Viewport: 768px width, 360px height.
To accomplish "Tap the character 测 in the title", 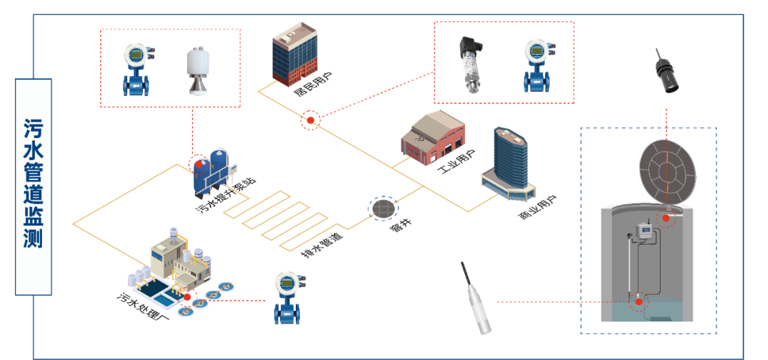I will point(33,239).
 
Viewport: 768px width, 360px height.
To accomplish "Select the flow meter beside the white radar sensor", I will point(136,70).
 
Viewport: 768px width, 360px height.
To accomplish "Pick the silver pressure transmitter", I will point(471,65).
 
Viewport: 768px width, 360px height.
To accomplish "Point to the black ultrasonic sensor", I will point(666,72).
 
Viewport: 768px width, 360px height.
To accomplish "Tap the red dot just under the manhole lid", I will point(666,218).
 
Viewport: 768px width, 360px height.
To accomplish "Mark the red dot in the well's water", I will point(639,302).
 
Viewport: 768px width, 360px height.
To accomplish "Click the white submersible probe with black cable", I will point(476,299).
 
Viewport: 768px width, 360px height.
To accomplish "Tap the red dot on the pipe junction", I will point(311,120).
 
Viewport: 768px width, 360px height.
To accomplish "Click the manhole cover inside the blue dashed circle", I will point(383,208).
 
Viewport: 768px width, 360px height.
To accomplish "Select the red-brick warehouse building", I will point(432,138).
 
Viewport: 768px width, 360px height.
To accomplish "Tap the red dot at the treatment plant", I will point(188,297).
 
